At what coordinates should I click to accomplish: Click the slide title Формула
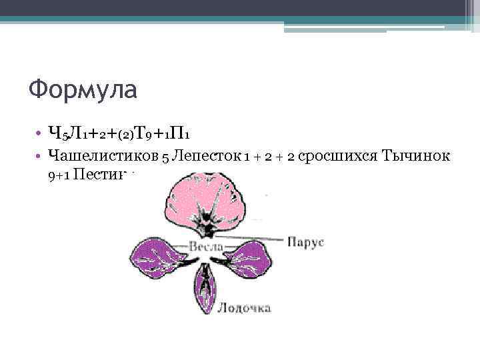coord(83,88)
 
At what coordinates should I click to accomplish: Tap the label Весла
coord(206,246)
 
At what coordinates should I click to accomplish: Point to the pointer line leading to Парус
coord(257,238)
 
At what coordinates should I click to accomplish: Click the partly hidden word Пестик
coord(100,175)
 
